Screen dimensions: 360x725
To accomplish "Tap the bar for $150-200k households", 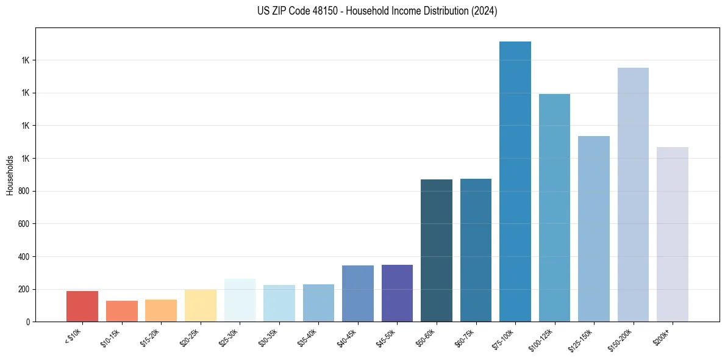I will coord(633,195).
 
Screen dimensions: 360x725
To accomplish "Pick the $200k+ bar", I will coord(673,234).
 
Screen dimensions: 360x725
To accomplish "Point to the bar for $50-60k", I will coord(437,250).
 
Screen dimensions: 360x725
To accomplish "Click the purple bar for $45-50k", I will coord(397,293).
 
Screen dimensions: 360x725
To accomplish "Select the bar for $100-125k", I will coord(554,207).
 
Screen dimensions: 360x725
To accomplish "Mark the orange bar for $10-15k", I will coord(122,311).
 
